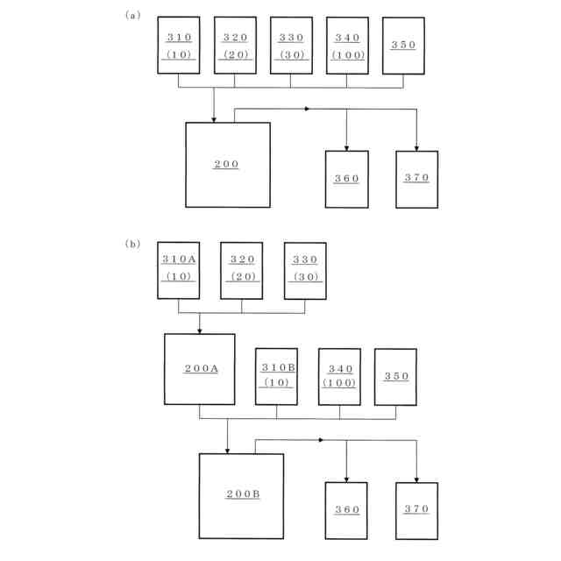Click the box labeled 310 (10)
pyautogui.click(x=179, y=45)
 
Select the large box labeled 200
pyautogui.click(x=227, y=165)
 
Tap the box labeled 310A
pyautogui.click(x=179, y=270)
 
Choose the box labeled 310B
pyautogui.click(x=276, y=377)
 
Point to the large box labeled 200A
pyautogui.click(x=200, y=369)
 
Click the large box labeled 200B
pyautogui.click(x=241, y=495)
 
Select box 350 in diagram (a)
pyautogui.click(x=403, y=45)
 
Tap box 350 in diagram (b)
pyautogui.click(x=395, y=377)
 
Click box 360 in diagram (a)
pyautogui.click(x=346, y=179)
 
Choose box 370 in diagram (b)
pyautogui.click(x=416, y=510)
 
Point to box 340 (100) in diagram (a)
pyautogui.click(x=347, y=45)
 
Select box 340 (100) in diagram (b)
pyautogui.click(x=339, y=377)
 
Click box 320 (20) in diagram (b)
pyautogui.click(x=242, y=270)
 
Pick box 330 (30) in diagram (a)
pyautogui.click(x=291, y=45)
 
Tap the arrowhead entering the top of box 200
pyautogui.click(x=214, y=118)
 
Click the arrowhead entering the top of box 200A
pyautogui.click(x=200, y=330)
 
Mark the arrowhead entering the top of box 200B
pyautogui.click(x=227, y=450)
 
